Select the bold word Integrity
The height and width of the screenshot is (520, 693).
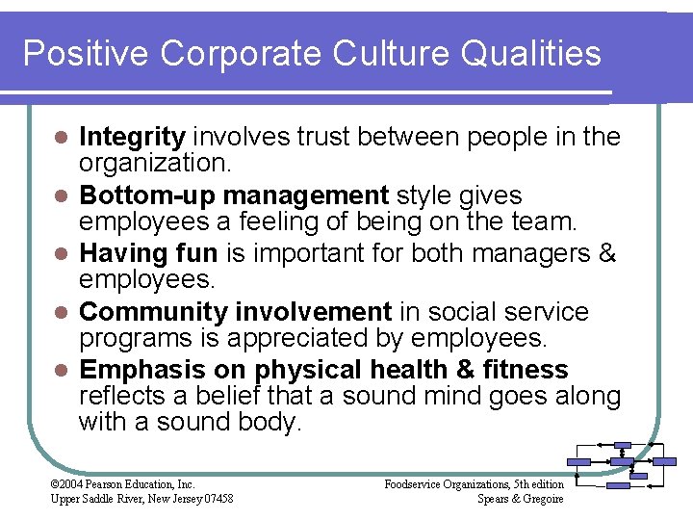point(132,138)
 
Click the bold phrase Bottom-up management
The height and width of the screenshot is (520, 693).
point(234,195)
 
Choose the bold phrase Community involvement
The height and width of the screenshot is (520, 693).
point(235,312)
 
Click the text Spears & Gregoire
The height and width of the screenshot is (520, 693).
point(521,498)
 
